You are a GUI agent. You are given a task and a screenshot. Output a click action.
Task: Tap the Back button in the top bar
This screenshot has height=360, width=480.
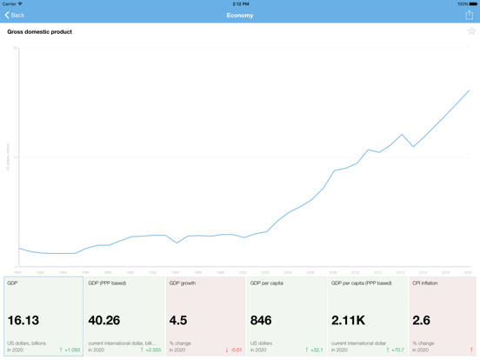pyautogui.click(x=15, y=15)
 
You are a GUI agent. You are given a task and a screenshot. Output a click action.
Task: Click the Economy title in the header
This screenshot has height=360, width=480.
pyautogui.click(x=240, y=15)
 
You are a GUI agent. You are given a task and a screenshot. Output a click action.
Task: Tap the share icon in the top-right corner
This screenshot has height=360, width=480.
pyautogui.click(x=470, y=15)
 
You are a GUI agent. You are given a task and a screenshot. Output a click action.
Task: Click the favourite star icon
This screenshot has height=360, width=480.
pyautogui.click(x=471, y=31)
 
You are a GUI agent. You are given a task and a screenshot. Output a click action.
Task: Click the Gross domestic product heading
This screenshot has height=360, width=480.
pyautogui.click(x=40, y=32)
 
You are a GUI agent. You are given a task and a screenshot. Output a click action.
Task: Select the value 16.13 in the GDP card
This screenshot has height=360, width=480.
pyautogui.click(x=23, y=321)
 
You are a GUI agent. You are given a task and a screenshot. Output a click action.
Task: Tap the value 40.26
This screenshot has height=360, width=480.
pyautogui.click(x=104, y=321)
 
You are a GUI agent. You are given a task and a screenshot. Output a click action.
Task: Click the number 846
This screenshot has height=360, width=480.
pyautogui.click(x=262, y=321)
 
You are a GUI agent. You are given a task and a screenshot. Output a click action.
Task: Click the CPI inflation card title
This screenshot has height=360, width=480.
pyautogui.click(x=425, y=283)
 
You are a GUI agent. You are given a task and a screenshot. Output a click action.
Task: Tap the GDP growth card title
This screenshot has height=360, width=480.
pyautogui.click(x=183, y=283)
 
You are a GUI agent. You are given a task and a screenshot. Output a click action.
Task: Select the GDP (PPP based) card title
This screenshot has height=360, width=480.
pyautogui.click(x=107, y=283)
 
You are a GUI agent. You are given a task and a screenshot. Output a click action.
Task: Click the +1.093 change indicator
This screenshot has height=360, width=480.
pyautogui.click(x=70, y=350)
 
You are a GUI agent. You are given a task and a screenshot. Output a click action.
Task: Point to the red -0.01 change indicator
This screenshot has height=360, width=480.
pyautogui.click(x=233, y=350)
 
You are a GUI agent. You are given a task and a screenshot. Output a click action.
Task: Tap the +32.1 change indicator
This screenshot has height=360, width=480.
pyautogui.click(x=314, y=350)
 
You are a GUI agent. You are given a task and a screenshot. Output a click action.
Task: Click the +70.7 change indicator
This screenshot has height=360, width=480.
pyautogui.click(x=396, y=350)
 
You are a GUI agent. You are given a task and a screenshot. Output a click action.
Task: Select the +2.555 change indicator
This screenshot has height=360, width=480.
pyautogui.click(x=150, y=350)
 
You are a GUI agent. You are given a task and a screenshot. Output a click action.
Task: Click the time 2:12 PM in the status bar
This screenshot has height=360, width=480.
pyautogui.click(x=240, y=3)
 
